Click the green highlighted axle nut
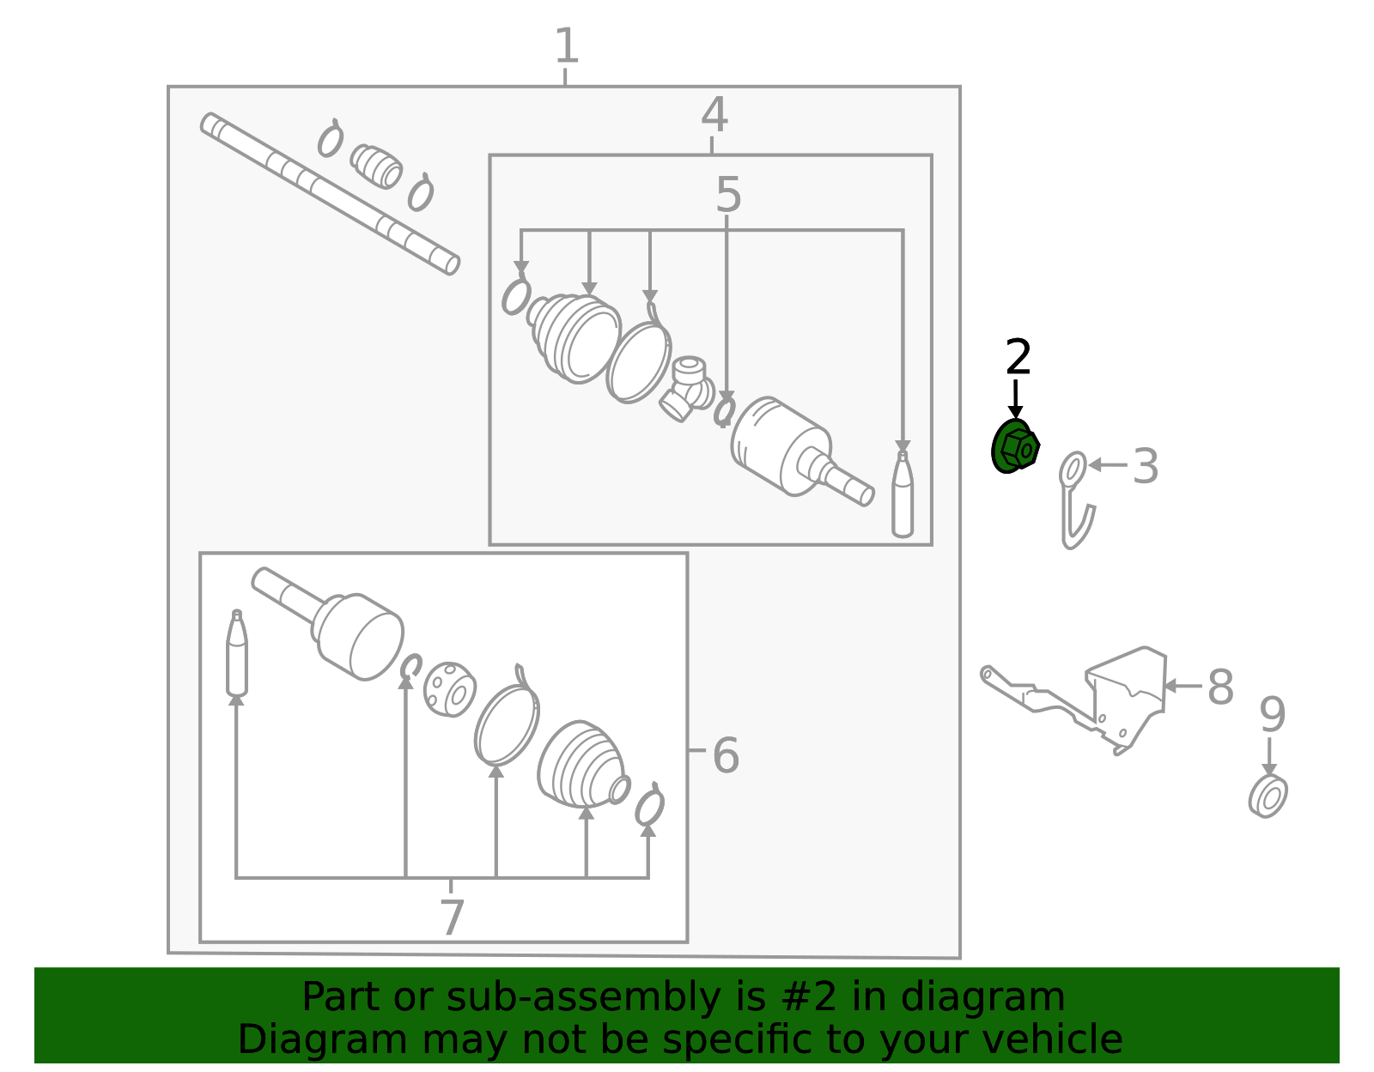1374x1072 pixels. [x=1014, y=445]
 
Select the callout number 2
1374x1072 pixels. [x=1018, y=357]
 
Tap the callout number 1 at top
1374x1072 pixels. [x=567, y=45]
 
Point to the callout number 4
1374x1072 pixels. [x=714, y=115]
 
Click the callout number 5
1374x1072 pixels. [x=727, y=195]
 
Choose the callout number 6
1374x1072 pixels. [x=726, y=755]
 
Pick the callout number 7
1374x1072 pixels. [x=452, y=918]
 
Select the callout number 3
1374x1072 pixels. [x=1145, y=466]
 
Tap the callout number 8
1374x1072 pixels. [x=1220, y=687]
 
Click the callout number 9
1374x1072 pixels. [x=1272, y=714]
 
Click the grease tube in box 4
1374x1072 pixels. [x=903, y=494]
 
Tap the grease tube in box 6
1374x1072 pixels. [x=236, y=653]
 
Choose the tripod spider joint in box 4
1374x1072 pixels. [x=687, y=390]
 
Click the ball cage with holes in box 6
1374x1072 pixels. [x=450, y=689]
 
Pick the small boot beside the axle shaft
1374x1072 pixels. [x=376, y=167]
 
